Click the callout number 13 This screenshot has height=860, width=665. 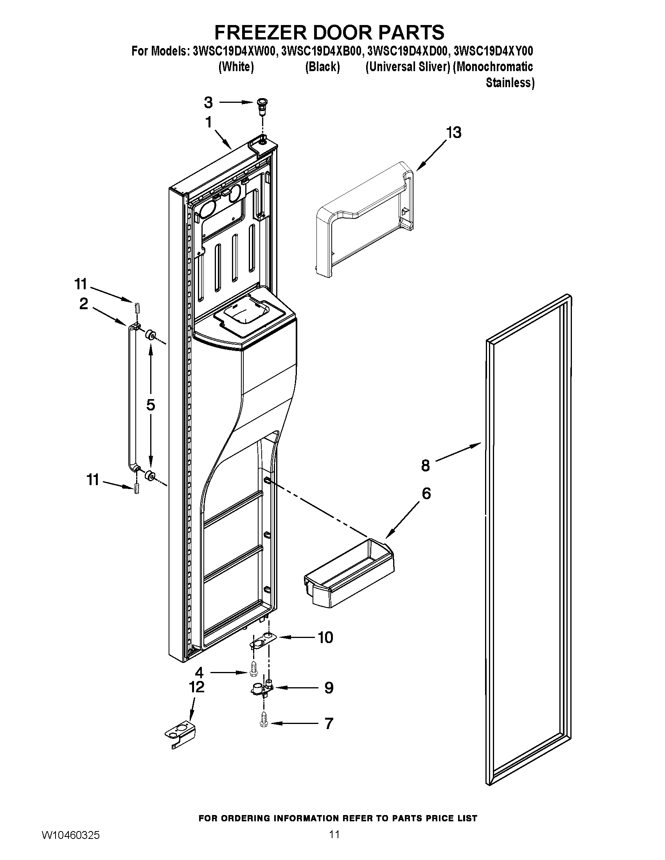point(454,133)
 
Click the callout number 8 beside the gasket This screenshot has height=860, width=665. point(426,466)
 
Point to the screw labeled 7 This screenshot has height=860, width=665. point(264,723)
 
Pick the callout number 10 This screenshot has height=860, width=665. point(325,637)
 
